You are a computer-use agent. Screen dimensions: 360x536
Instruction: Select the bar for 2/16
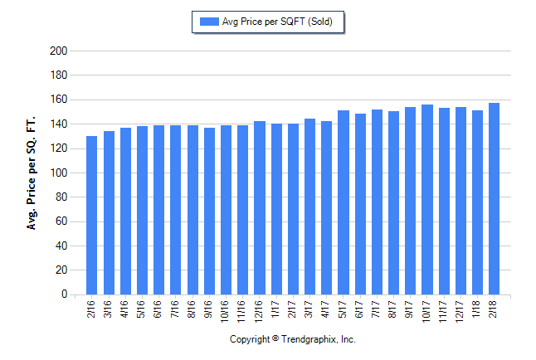point(91,216)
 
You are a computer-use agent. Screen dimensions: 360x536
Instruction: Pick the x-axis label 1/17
point(276,307)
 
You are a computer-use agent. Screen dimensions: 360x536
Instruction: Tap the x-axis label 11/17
point(444,309)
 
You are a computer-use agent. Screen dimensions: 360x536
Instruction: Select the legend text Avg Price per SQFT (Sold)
point(278,22)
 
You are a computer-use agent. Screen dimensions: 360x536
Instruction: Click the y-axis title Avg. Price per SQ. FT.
point(32,173)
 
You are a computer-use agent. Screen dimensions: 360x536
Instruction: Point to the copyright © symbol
point(275,340)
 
